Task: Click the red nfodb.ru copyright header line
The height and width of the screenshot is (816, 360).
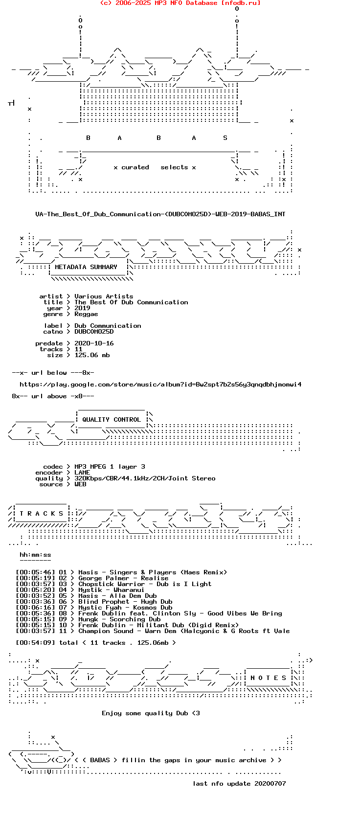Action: (x=180, y=3)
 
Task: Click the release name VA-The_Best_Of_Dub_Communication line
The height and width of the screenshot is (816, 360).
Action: (x=160, y=214)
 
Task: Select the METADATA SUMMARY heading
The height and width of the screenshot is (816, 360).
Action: (x=86, y=267)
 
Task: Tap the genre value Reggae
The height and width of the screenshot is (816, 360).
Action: (x=87, y=314)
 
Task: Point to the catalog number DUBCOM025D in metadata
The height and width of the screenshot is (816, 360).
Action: (x=94, y=332)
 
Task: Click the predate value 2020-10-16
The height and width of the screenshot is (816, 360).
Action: (x=94, y=343)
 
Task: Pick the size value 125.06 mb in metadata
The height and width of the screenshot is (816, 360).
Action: (x=92, y=355)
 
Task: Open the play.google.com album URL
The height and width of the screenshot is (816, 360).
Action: (x=161, y=385)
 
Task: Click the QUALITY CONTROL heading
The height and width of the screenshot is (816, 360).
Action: (x=112, y=420)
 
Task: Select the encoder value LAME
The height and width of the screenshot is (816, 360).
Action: (x=82, y=473)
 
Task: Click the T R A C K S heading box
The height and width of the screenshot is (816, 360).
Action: (x=42, y=514)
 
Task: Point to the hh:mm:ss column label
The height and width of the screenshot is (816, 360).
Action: (x=35, y=555)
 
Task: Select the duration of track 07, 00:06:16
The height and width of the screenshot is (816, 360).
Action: (x=35, y=607)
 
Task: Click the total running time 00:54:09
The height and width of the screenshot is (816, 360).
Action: (x=35, y=643)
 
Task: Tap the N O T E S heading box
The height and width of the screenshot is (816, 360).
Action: (x=269, y=678)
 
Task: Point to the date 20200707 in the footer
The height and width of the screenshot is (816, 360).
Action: (x=270, y=784)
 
